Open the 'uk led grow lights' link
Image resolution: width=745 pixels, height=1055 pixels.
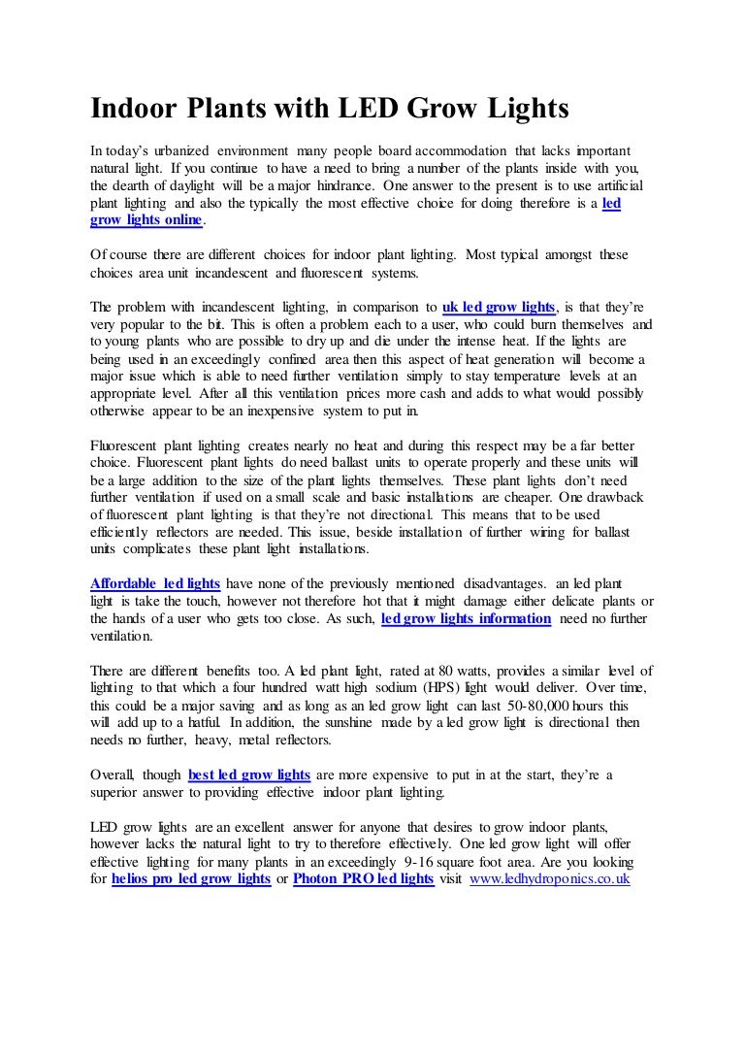point(498,307)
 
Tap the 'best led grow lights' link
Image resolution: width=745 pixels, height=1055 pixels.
point(248,775)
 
